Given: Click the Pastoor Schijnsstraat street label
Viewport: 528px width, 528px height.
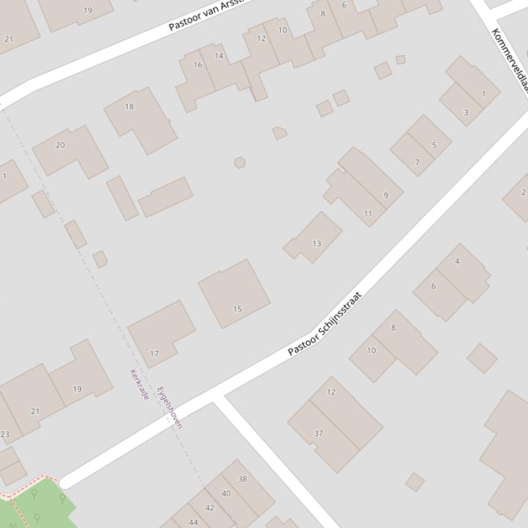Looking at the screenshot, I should tap(324, 324).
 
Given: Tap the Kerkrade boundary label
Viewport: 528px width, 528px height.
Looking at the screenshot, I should tap(139, 385).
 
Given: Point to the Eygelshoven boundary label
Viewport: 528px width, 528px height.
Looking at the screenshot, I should tap(170, 407).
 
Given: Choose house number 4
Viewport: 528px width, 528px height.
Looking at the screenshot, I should tap(457, 261).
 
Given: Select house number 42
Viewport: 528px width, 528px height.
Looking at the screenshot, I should tap(210, 507).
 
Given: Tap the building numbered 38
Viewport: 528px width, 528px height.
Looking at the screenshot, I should tap(242, 479).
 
